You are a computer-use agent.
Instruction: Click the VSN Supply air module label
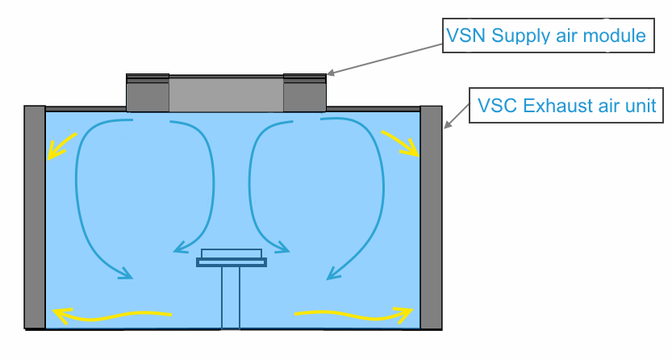tap(546, 36)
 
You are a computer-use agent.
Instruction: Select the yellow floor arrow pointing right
tap(355, 312)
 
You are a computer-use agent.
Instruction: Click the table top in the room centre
tap(232, 261)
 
